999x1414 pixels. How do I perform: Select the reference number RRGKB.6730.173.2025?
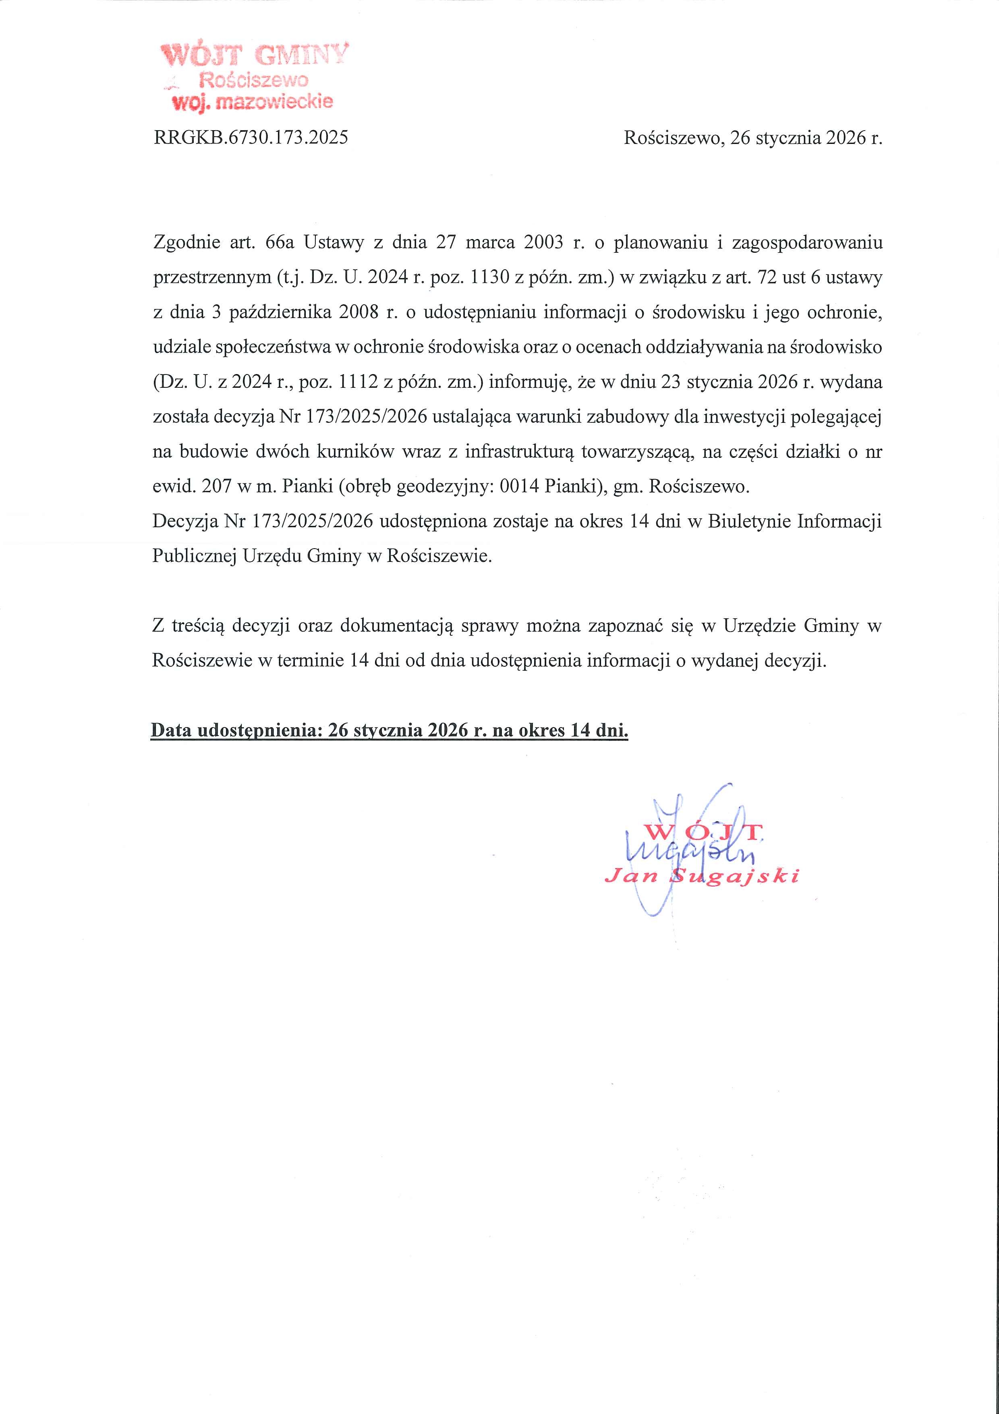(251, 137)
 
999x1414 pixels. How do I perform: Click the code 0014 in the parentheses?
(521, 487)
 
